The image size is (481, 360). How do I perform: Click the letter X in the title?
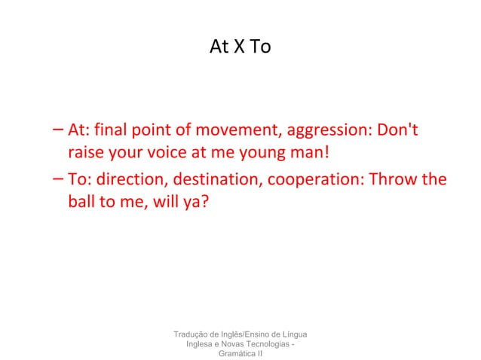[240, 47]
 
